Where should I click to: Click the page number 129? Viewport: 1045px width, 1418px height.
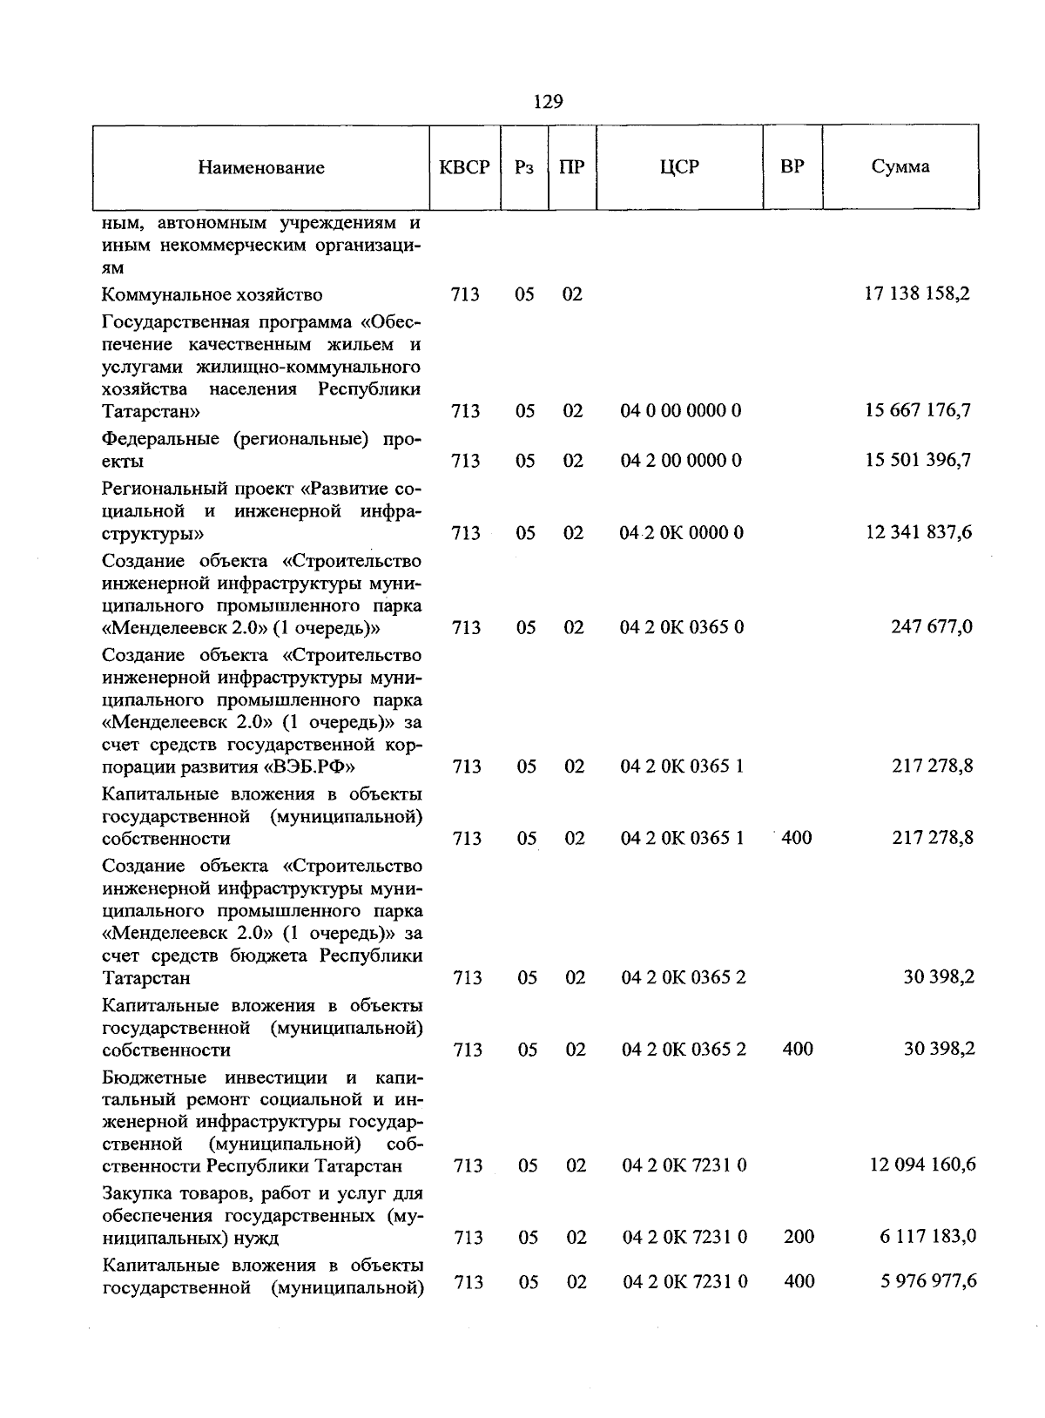pyautogui.click(x=548, y=102)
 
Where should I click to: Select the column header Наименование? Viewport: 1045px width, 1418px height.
pyautogui.click(x=261, y=168)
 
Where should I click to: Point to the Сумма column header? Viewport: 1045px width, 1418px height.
pyautogui.click(x=900, y=166)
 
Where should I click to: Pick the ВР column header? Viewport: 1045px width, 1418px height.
pyautogui.click(x=792, y=166)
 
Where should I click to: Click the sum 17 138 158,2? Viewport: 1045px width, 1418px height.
pyautogui.click(x=917, y=294)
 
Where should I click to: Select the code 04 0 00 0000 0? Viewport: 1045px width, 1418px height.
pyautogui.click(x=681, y=410)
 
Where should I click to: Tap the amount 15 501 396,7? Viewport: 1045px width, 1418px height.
pyautogui.click(x=918, y=460)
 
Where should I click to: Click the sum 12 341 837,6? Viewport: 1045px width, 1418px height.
pyautogui.click(x=918, y=532)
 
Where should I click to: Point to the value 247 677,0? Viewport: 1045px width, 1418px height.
pyautogui.click(x=932, y=627)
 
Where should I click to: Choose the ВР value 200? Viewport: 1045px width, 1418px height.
pyautogui.click(x=799, y=1236)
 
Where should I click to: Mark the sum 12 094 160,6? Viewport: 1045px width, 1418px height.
pyautogui.click(x=922, y=1165)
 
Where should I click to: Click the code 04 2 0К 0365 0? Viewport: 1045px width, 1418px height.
pyautogui.click(x=682, y=627)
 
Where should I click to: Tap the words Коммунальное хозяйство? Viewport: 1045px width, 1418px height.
pyautogui.click(x=212, y=295)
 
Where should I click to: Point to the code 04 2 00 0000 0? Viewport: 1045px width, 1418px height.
pyautogui.click(x=681, y=460)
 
